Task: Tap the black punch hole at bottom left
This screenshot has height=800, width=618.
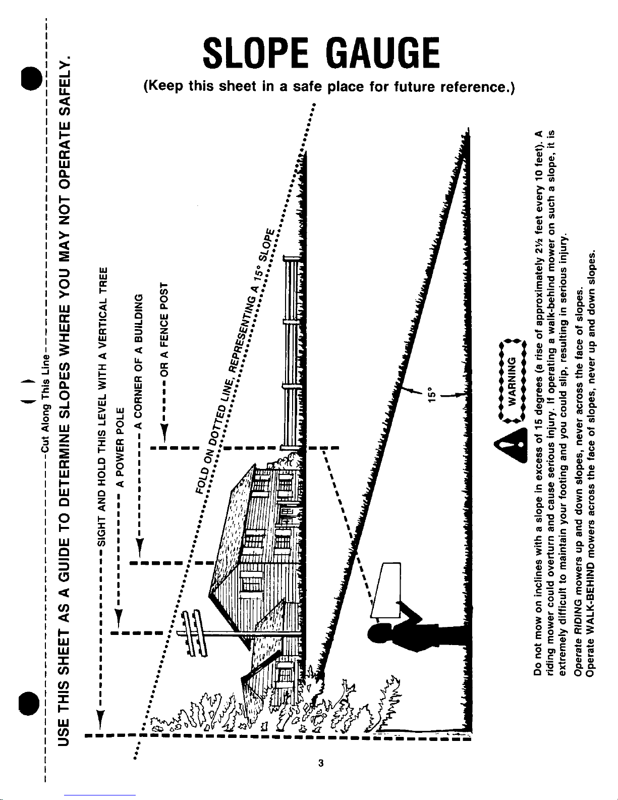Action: click(x=29, y=704)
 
